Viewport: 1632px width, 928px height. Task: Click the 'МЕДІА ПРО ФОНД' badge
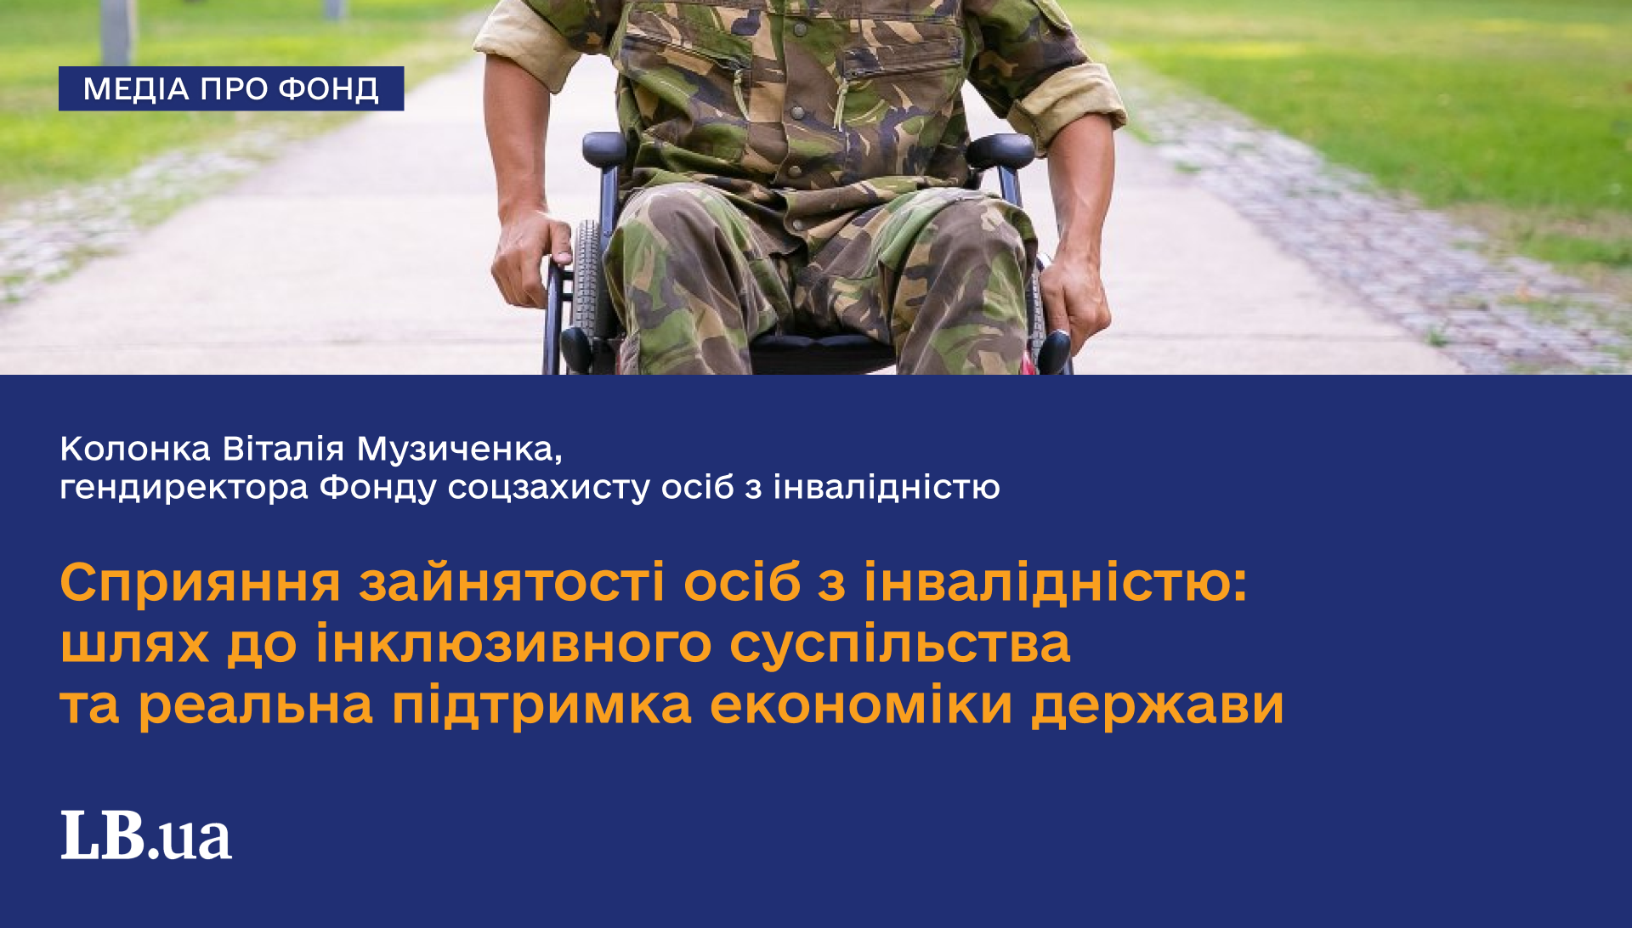pyautogui.click(x=231, y=88)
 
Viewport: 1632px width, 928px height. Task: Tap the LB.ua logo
pyautogui.click(x=146, y=835)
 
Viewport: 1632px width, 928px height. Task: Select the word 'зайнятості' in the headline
pyautogui.click(x=512, y=583)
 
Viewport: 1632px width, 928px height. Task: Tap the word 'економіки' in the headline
pyautogui.click(x=861, y=705)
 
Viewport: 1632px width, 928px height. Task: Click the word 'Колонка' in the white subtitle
pyautogui.click(x=135, y=449)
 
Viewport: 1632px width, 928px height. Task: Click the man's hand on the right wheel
pyautogui.click(x=1073, y=297)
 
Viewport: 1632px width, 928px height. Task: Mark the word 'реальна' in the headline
pyautogui.click(x=256, y=706)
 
